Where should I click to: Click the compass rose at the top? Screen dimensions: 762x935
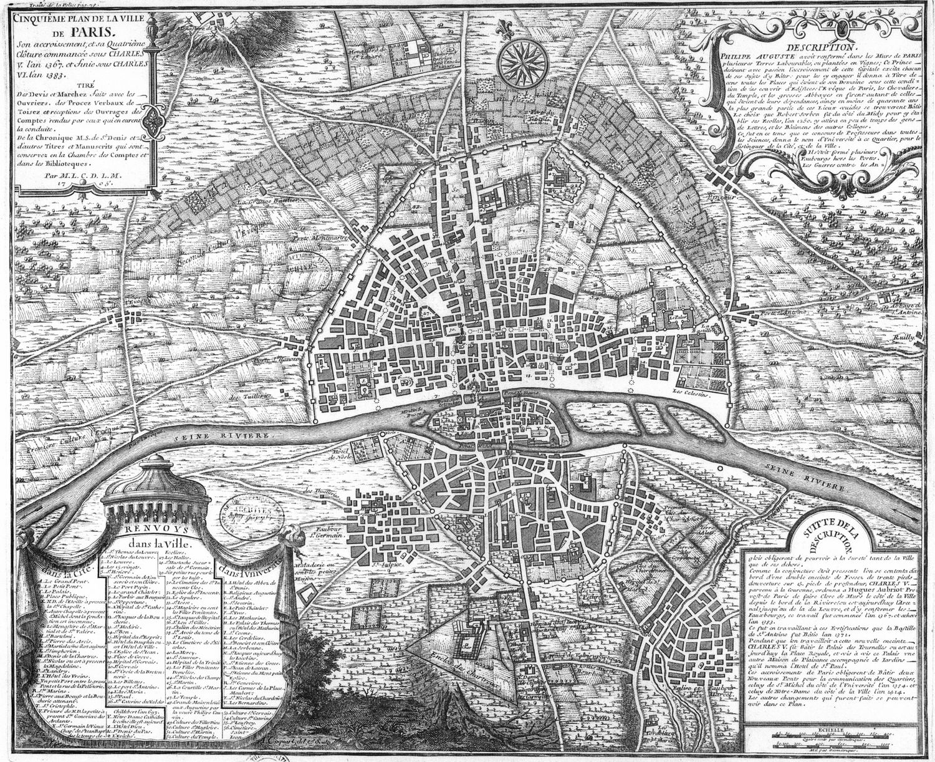point(525,59)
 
